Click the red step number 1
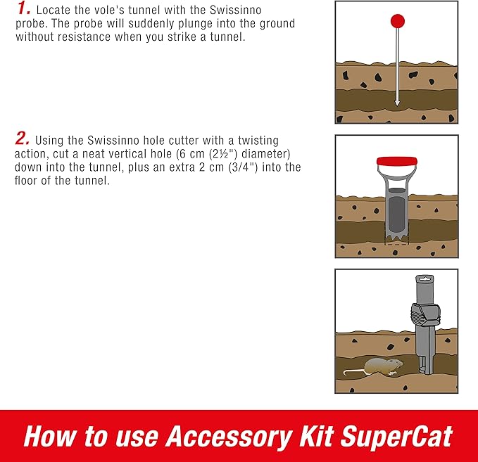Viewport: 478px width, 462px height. point(22,9)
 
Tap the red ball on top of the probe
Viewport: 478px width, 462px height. point(397,20)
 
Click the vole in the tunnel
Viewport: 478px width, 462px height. point(384,366)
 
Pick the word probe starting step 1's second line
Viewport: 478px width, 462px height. point(29,24)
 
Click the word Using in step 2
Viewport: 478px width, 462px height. point(49,141)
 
